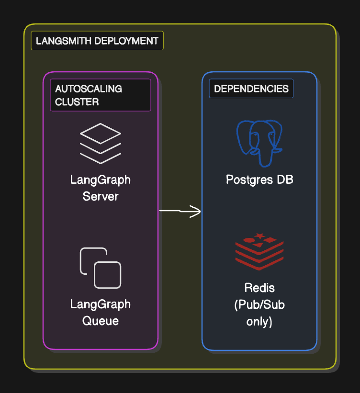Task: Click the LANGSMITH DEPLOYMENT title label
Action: [x=97, y=41]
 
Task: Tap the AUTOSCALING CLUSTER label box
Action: [x=101, y=95]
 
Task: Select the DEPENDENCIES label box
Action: [x=251, y=89]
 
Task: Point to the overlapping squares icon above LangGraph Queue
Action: [x=101, y=268]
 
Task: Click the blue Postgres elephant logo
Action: [x=259, y=142]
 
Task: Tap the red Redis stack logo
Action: [x=259, y=252]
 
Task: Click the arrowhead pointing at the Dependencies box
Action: [x=196, y=212]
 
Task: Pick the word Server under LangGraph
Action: [x=101, y=196]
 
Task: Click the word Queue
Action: [x=101, y=321]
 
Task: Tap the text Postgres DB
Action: [x=259, y=180]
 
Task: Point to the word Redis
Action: [x=259, y=288]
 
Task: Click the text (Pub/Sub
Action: [x=259, y=305]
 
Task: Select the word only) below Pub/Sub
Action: [x=259, y=322]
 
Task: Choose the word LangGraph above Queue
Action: [x=101, y=304]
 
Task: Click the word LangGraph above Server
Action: [x=101, y=180]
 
